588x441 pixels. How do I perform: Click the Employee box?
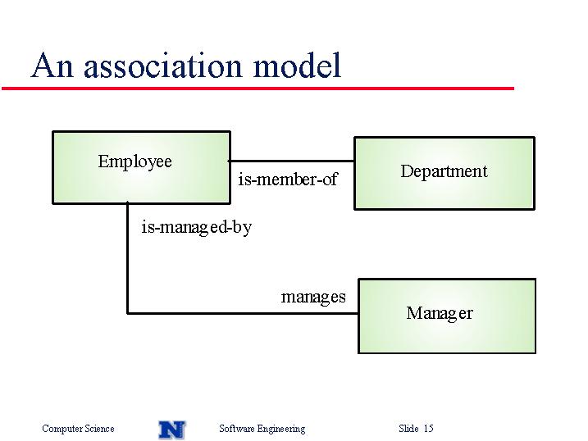point(141,167)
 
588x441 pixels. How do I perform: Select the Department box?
point(444,173)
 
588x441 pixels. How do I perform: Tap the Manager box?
point(447,316)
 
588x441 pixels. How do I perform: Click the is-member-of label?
point(288,179)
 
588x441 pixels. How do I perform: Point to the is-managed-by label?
point(197,227)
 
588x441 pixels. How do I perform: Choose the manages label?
point(313,297)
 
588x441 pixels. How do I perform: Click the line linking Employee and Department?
point(292,161)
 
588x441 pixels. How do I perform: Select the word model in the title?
point(298,65)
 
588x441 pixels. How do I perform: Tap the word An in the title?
point(52,66)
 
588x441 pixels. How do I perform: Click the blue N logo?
point(171,430)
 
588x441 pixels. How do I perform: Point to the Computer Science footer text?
point(78,428)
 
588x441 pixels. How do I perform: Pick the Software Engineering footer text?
point(262,429)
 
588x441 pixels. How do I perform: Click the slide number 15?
point(429,428)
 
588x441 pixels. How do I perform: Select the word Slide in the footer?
point(408,428)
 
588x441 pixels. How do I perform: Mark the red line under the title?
point(258,89)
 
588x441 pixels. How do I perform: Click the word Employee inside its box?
point(135,161)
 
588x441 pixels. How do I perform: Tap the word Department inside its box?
point(444,171)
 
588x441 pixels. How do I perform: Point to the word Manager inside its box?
point(440,313)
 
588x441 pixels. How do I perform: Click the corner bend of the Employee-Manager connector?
point(127,313)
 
